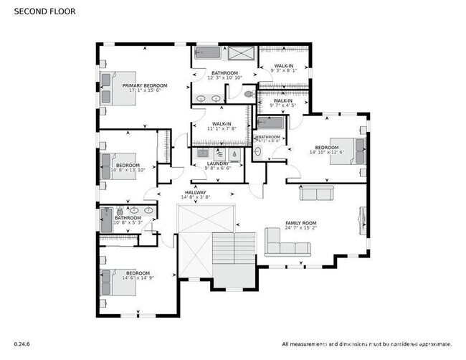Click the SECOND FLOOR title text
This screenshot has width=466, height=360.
click(44, 12)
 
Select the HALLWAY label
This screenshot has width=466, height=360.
click(196, 192)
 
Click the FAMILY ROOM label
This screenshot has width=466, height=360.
click(300, 223)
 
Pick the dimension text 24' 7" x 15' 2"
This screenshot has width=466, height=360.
click(300, 229)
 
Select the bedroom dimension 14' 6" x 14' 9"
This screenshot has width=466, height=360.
click(138, 278)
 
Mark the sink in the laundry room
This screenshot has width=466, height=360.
click(202, 153)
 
